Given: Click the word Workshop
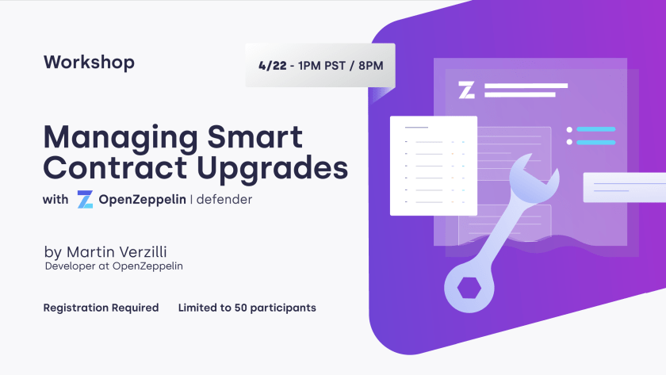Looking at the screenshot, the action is coord(89,63).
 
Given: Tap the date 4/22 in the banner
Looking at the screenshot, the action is coord(272,66).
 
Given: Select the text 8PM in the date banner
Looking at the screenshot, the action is coord(371,66).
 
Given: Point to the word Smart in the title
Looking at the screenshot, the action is coord(255,136).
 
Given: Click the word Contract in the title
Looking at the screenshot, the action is coord(115,168).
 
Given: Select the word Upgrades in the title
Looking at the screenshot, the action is coord(272,170).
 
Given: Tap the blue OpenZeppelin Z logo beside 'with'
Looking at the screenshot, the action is coord(85,199).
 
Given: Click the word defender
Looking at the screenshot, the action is coord(224,199).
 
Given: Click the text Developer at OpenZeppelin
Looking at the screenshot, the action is coord(114,266).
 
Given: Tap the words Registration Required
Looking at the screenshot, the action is coord(101,308).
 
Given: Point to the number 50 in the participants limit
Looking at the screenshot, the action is coord(240,308).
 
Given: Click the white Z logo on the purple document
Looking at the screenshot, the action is coord(466,90).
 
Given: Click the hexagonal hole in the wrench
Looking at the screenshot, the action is coord(469,288).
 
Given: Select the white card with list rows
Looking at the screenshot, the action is coord(434,166).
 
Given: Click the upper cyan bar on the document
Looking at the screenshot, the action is coord(596,129).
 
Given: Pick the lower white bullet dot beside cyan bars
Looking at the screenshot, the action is coord(569,142).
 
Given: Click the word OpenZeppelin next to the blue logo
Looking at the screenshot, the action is coord(142,200).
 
